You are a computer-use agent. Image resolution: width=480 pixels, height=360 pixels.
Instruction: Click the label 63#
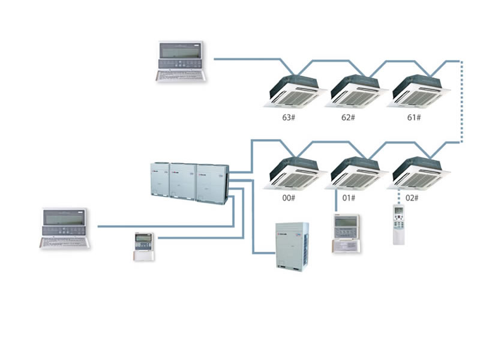tap(288, 117)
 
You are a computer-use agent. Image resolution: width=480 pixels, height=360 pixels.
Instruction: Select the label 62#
tap(348, 117)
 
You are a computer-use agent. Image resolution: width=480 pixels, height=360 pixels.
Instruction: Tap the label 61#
tap(414, 117)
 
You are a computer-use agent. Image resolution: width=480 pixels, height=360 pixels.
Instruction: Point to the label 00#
tap(288, 197)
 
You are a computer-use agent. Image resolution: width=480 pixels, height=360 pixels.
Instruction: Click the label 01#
tap(349, 197)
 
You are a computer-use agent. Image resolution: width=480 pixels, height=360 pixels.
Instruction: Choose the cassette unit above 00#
tap(295, 173)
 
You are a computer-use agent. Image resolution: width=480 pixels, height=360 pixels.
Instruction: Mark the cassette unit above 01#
tap(355, 173)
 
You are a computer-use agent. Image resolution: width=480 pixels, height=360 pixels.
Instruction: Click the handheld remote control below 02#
tap(400, 224)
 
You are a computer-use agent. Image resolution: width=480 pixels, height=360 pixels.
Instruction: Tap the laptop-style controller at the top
tap(181, 61)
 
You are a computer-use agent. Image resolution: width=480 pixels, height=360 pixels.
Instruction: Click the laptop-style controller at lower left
tap(65, 229)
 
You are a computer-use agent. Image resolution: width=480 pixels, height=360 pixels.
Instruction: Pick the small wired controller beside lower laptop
tap(144, 246)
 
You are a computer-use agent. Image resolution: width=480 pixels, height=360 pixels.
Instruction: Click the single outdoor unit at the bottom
tap(292, 246)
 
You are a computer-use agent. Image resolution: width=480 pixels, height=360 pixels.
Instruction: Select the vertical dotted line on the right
tap(461, 102)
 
